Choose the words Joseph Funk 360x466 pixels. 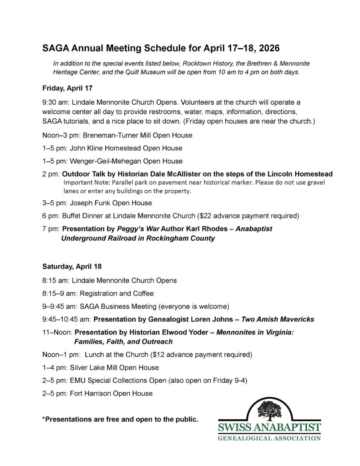click(88, 203)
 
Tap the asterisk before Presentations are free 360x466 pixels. click(44, 418)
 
